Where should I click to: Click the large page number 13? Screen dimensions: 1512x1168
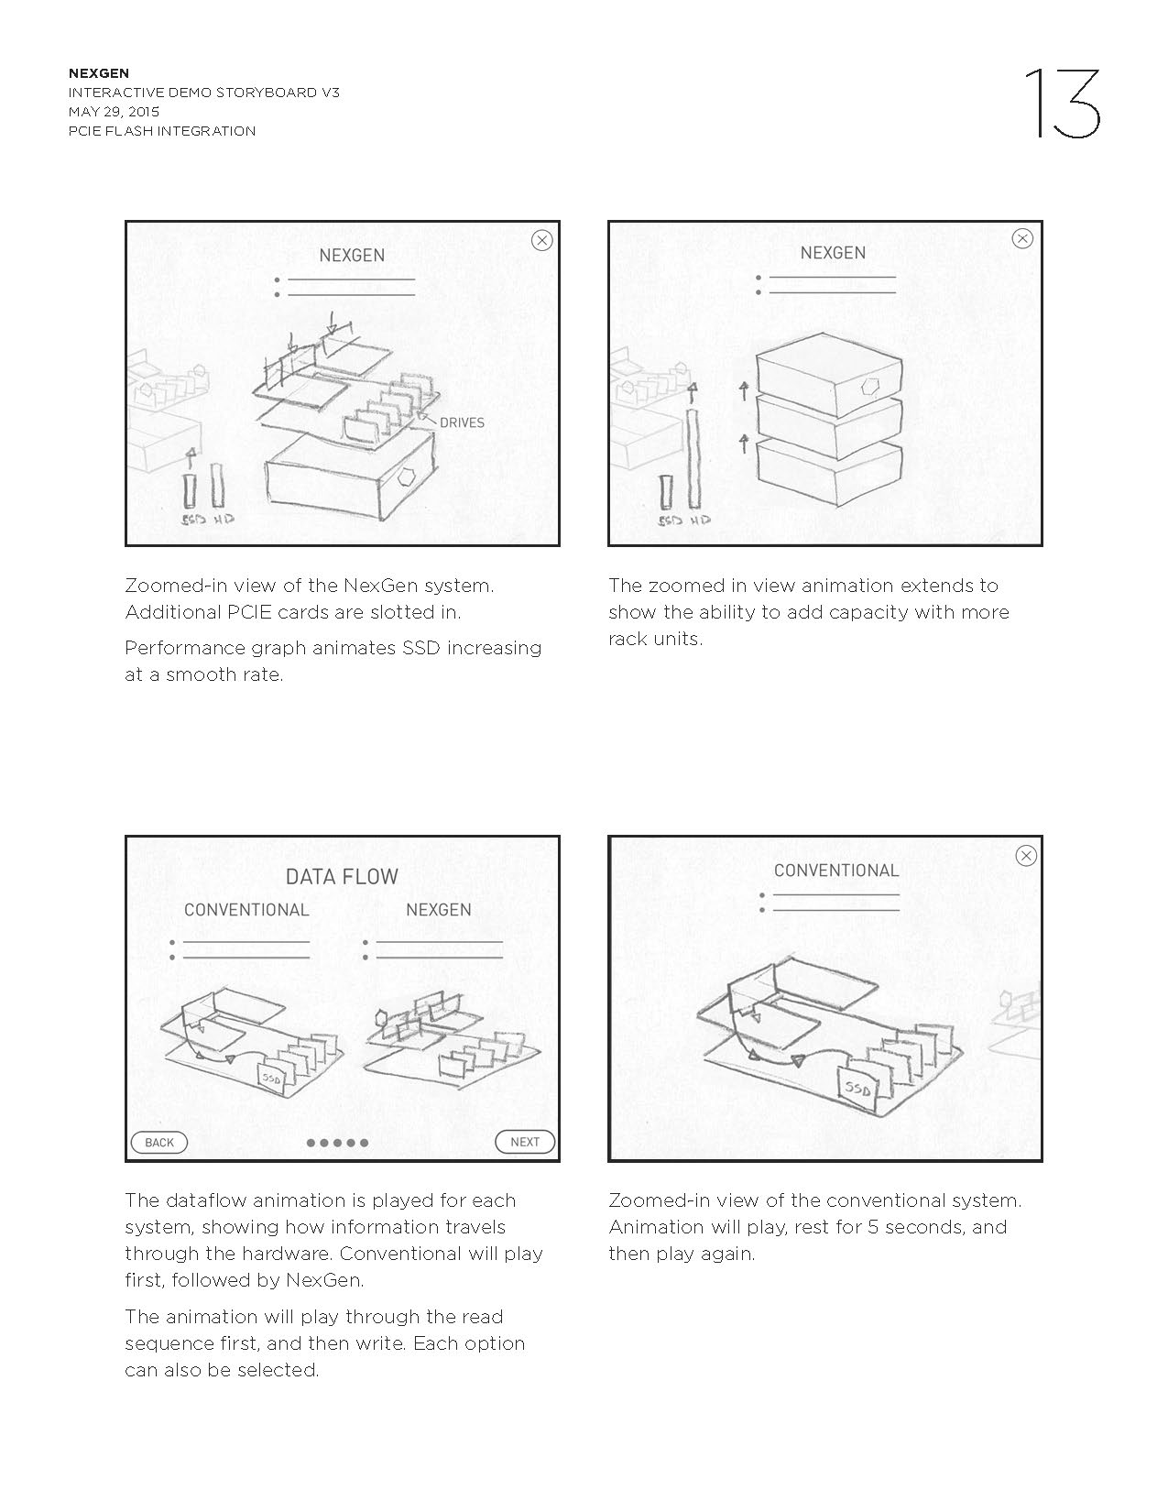click(x=1062, y=104)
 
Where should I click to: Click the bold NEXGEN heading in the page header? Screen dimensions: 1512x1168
click(x=99, y=73)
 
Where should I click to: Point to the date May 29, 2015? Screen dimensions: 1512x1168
click(x=114, y=112)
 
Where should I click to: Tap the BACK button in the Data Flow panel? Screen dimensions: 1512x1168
click(x=159, y=1142)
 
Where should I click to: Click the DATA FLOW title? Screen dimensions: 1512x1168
click(x=342, y=877)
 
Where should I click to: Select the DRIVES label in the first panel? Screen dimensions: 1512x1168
click(x=462, y=422)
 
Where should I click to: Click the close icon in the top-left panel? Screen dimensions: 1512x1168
click(x=542, y=240)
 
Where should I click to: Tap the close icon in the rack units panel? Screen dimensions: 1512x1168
click(x=1022, y=238)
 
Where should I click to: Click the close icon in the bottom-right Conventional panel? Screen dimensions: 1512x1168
click(x=1026, y=856)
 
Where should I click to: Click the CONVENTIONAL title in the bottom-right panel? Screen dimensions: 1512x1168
click(x=836, y=871)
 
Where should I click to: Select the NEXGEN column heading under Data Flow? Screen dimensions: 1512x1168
click(x=439, y=910)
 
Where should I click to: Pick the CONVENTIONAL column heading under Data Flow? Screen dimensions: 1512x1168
click(x=246, y=910)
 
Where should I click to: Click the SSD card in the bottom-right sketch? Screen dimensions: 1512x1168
click(x=858, y=1090)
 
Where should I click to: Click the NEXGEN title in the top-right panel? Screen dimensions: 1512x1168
click(x=833, y=253)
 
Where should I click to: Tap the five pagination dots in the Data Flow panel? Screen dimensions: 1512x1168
click(x=337, y=1143)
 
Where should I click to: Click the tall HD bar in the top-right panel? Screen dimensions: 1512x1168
click(x=693, y=458)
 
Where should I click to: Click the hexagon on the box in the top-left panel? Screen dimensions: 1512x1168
click(x=408, y=477)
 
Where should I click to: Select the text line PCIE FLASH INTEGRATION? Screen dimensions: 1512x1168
click(x=162, y=131)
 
